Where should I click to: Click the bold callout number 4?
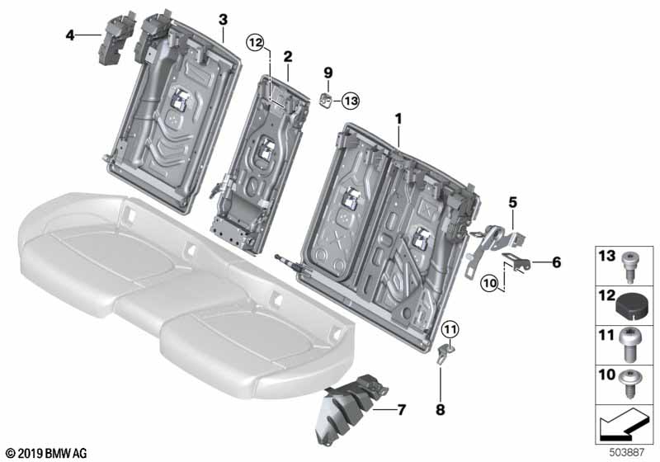click(x=70, y=35)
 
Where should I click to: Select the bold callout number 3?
click(x=223, y=19)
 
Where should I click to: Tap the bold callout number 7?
click(x=401, y=409)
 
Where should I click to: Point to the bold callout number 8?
click(x=441, y=409)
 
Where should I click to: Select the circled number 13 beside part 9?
click(x=350, y=101)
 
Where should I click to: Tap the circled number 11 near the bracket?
click(x=450, y=330)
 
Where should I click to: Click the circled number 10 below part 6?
click(x=490, y=283)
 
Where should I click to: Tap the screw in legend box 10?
click(x=629, y=383)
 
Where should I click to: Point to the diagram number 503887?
click(x=627, y=452)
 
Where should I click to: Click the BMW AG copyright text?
click(x=46, y=453)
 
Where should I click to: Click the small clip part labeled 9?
click(x=325, y=101)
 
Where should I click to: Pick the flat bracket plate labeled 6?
click(x=516, y=262)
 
